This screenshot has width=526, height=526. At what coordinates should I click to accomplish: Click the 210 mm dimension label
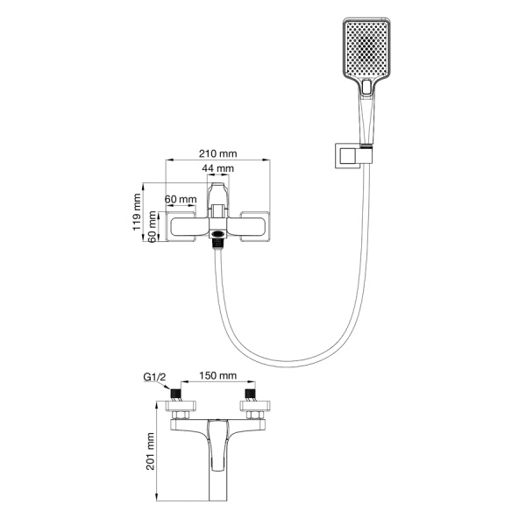(218, 153)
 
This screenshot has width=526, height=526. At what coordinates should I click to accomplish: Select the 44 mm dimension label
(218, 168)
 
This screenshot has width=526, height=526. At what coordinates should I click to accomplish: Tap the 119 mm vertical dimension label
(137, 212)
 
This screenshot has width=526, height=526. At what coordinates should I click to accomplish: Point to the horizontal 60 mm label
(181, 199)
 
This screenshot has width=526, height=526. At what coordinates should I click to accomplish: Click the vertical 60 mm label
(152, 227)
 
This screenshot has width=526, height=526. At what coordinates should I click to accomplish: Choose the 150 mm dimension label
(218, 375)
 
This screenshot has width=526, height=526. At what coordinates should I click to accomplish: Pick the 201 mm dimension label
(150, 451)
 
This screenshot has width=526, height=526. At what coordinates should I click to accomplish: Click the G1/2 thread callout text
(154, 377)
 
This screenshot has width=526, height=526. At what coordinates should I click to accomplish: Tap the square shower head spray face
(366, 48)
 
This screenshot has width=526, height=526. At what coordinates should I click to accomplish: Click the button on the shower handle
(366, 87)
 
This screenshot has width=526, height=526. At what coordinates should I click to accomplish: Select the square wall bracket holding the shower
(349, 156)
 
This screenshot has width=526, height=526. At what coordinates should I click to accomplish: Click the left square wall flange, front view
(181, 226)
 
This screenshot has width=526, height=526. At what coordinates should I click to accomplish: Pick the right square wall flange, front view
(255, 226)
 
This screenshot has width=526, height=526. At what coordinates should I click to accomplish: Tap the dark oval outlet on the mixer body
(218, 234)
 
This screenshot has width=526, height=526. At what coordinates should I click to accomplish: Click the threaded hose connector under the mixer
(218, 243)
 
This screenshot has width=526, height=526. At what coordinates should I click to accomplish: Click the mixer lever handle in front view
(218, 200)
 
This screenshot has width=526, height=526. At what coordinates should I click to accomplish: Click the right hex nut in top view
(254, 416)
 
